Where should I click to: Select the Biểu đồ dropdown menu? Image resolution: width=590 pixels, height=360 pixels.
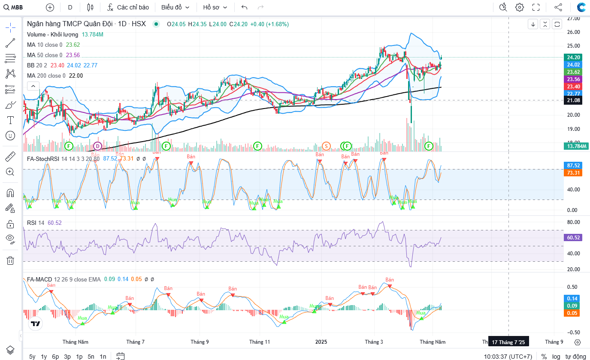tap(175, 7)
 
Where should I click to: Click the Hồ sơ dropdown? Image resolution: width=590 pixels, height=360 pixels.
tap(215, 7)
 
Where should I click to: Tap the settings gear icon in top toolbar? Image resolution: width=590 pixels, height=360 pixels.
tap(520, 7)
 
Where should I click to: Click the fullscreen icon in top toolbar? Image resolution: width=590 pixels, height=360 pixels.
tap(536, 7)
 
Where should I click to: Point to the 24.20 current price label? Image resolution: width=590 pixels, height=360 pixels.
tap(574, 57)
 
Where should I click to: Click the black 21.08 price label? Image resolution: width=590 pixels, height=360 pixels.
tap(574, 100)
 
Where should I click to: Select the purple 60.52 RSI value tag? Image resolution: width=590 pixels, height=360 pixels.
tap(574, 237)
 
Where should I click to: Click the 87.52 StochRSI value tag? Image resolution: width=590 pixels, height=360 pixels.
tap(574, 165)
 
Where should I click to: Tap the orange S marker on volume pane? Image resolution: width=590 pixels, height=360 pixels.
tap(326, 146)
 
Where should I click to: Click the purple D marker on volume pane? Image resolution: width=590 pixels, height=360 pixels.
tap(97, 146)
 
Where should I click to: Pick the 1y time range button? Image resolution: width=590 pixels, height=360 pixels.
tap(44, 356)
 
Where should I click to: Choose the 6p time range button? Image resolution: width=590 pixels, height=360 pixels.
tap(55, 356)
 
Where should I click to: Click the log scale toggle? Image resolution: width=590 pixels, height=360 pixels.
tap(556, 356)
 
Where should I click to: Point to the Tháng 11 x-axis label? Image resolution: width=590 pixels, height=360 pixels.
tap(260, 342)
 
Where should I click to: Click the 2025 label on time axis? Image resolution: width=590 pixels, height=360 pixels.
tap(321, 342)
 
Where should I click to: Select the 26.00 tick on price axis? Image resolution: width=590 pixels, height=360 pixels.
tap(574, 32)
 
